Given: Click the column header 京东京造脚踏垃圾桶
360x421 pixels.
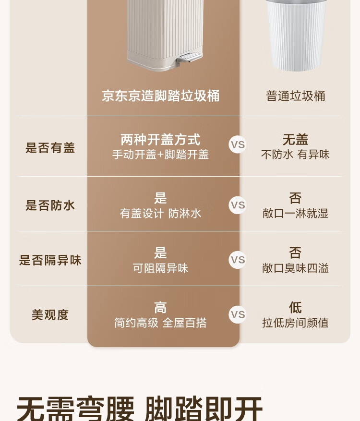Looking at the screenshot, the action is point(161,96).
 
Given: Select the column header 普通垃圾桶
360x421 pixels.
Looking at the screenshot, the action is point(296,96).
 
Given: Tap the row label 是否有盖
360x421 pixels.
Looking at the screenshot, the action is point(50,148).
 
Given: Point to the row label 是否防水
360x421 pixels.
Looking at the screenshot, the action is point(50,205).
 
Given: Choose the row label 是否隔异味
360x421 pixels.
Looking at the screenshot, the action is point(50,260).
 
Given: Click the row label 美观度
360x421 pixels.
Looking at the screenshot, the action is point(50,315).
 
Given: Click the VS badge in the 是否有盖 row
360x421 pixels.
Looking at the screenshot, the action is point(238,144).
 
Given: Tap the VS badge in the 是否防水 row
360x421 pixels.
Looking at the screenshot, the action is point(238,205).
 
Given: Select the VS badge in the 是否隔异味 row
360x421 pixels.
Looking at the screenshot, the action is point(238,260).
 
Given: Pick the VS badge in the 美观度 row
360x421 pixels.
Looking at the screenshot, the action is point(238,315).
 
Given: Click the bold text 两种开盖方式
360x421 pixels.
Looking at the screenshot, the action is point(160,140).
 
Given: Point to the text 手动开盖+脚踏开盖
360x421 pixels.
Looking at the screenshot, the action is point(160,155).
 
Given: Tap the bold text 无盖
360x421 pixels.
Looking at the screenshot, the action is point(295,140).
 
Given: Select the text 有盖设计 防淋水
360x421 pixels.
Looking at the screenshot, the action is point(160,214).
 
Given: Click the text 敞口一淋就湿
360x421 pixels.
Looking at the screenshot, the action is point(295,214).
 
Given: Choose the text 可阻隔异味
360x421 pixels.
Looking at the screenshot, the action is point(160,268).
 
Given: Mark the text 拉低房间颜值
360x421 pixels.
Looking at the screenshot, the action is point(295,323).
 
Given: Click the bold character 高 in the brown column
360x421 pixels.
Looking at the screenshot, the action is point(160,307).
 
